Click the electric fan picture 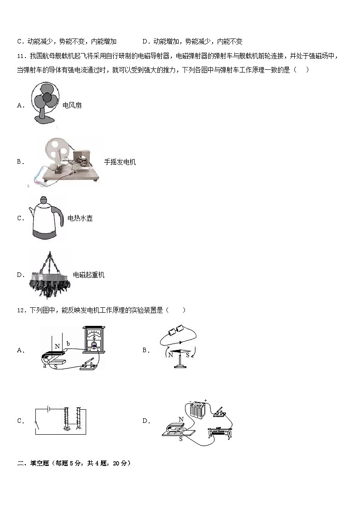(x=46, y=104)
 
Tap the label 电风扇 (x=72, y=106)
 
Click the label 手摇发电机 (x=120, y=162)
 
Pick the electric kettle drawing (x=45, y=218)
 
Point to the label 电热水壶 (x=80, y=218)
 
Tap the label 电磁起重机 (x=89, y=275)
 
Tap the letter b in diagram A (x=68, y=344)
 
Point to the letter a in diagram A (x=44, y=366)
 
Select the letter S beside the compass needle (x=187, y=355)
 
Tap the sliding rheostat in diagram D (x=220, y=432)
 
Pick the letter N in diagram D (x=181, y=420)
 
